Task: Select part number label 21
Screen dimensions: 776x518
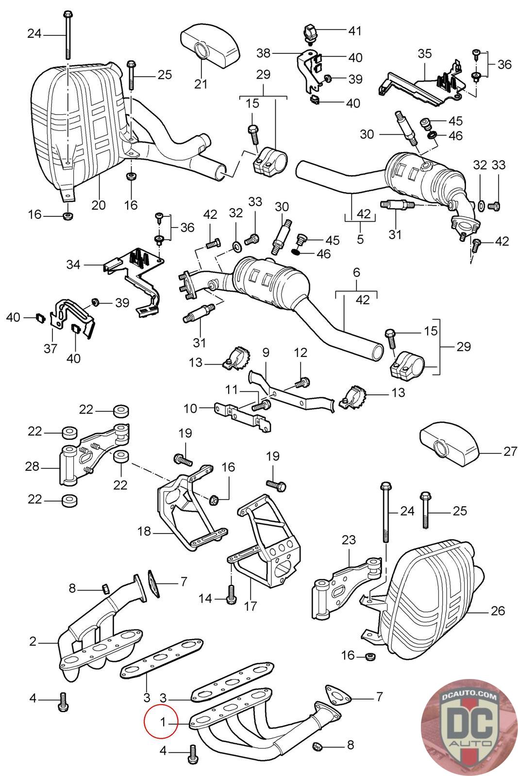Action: click(201, 83)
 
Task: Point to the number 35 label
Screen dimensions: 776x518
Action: click(424, 54)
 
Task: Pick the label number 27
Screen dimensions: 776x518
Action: click(510, 452)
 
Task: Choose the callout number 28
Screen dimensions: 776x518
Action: click(32, 467)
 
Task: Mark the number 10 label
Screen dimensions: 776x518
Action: click(190, 408)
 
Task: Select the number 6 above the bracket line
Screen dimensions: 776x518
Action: click(356, 273)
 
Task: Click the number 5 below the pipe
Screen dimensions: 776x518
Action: click(360, 240)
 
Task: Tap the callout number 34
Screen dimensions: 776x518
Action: click(74, 265)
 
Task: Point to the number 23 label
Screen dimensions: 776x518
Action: click(349, 540)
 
